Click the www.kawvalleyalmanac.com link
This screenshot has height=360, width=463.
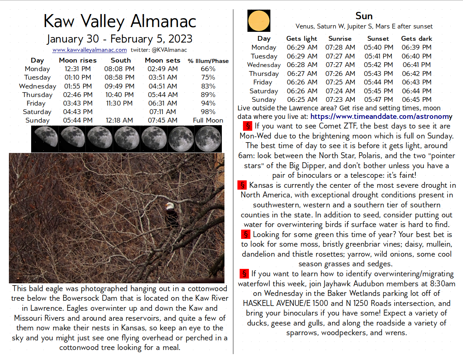[90, 50]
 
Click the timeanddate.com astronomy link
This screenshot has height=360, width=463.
[381, 117]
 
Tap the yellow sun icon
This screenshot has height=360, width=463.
[259, 21]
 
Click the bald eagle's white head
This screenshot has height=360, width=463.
[169, 206]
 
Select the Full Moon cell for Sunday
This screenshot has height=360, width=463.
[208, 120]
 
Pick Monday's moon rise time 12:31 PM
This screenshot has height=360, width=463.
[77, 69]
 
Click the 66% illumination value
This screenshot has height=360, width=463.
[208, 69]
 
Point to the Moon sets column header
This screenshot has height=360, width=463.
[163, 60]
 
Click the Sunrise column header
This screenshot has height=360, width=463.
[340, 39]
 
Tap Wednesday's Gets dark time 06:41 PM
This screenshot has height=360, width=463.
[416, 65]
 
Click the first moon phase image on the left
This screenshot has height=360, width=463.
[45, 139]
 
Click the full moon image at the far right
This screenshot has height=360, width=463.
[208, 139]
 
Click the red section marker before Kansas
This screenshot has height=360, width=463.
[242, 185]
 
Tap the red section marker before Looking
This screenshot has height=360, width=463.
[246, 234]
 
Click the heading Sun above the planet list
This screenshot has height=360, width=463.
[364, 16]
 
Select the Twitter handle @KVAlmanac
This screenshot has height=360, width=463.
[169, 50]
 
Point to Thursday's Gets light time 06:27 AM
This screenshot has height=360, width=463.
[302, 74]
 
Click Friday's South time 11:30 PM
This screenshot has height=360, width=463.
[119, 103]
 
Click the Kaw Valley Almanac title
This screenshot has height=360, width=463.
[120, 21]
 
